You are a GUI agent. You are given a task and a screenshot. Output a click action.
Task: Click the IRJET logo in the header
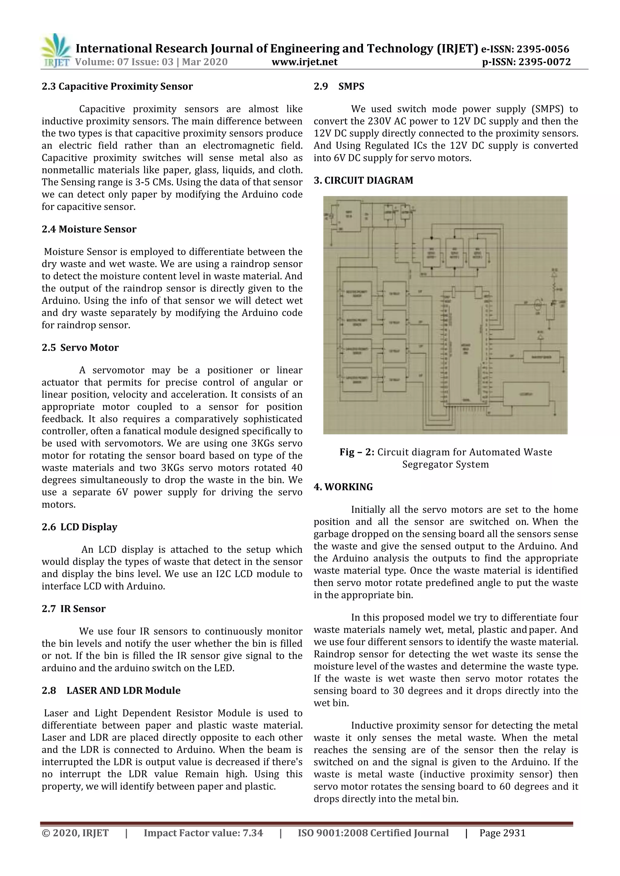(56, 51)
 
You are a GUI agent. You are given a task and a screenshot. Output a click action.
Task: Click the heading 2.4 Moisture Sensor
(89, 229)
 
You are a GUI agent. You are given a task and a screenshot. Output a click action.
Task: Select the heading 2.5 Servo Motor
(80, 348)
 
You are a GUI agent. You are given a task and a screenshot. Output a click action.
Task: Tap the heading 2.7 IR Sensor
(73, 609)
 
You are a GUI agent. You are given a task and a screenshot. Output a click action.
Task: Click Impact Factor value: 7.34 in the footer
(203, 833)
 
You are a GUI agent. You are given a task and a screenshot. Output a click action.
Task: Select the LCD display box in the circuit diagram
(526, 394)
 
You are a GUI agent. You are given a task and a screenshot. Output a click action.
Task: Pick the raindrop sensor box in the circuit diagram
(541, 357)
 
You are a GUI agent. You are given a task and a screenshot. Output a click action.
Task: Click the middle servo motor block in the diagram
(454, 253)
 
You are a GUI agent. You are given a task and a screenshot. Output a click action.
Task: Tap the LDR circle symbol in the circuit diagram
(537, 305)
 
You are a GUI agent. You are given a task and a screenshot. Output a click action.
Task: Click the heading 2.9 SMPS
(339, 86)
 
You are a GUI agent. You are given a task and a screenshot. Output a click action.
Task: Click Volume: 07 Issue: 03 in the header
(124, 62)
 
